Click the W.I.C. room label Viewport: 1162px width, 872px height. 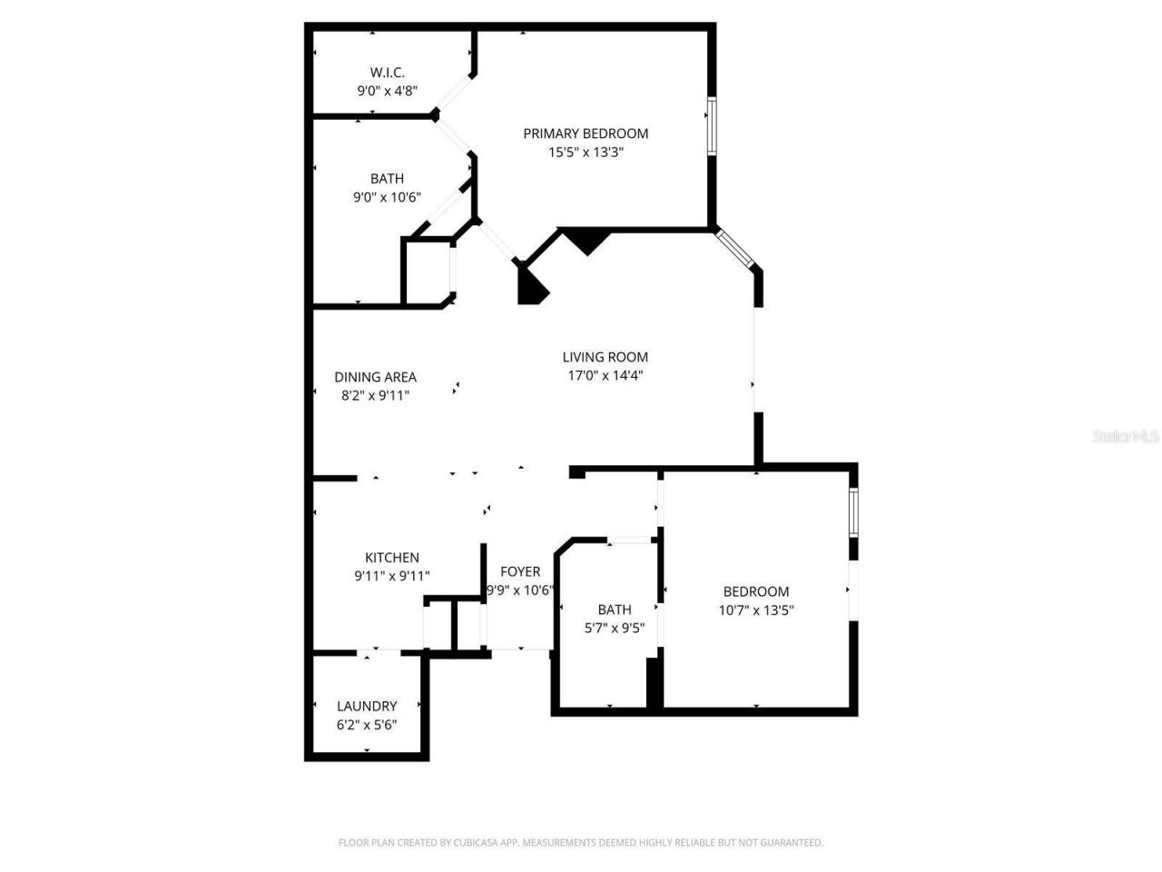pos(387,72)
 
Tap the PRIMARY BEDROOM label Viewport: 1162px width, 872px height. pos(586,134)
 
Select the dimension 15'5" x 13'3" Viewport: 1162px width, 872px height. pos(586,153)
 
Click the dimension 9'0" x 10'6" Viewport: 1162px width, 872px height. pos(387,197)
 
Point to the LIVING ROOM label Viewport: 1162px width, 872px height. pos(605,357)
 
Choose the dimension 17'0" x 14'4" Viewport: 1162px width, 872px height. pos(605,376)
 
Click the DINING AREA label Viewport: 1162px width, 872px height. pos(375,377)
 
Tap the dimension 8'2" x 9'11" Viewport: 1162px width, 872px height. pos(375,395)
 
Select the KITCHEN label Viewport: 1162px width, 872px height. pos(392,558)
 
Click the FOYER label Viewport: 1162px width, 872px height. pos(520,571)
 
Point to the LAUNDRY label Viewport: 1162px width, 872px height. pos(367,706)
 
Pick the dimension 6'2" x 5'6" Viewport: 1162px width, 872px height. pos(367,725)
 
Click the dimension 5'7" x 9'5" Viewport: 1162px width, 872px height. pos(615,628)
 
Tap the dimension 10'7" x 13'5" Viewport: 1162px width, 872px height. pos(756,610)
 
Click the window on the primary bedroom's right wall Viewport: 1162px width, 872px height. pos(712,124)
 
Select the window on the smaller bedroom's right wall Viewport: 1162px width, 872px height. pos(852,513)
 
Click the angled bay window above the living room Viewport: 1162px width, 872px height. pos(735,249)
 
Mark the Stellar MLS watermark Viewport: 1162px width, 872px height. pos(1126,437)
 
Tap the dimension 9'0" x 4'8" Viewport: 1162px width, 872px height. pos(387,91)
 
